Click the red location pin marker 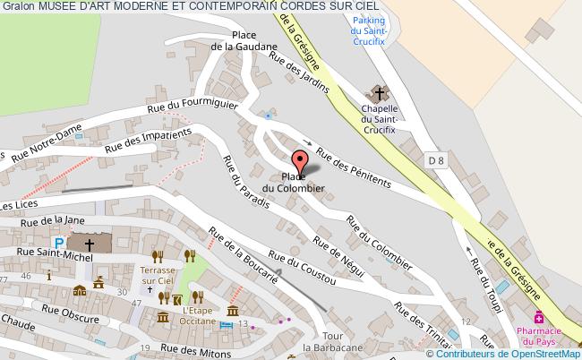click(300, 161)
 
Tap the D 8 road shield click(437, 160)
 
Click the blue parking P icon click(58, 243)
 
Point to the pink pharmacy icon click(539, 316)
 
